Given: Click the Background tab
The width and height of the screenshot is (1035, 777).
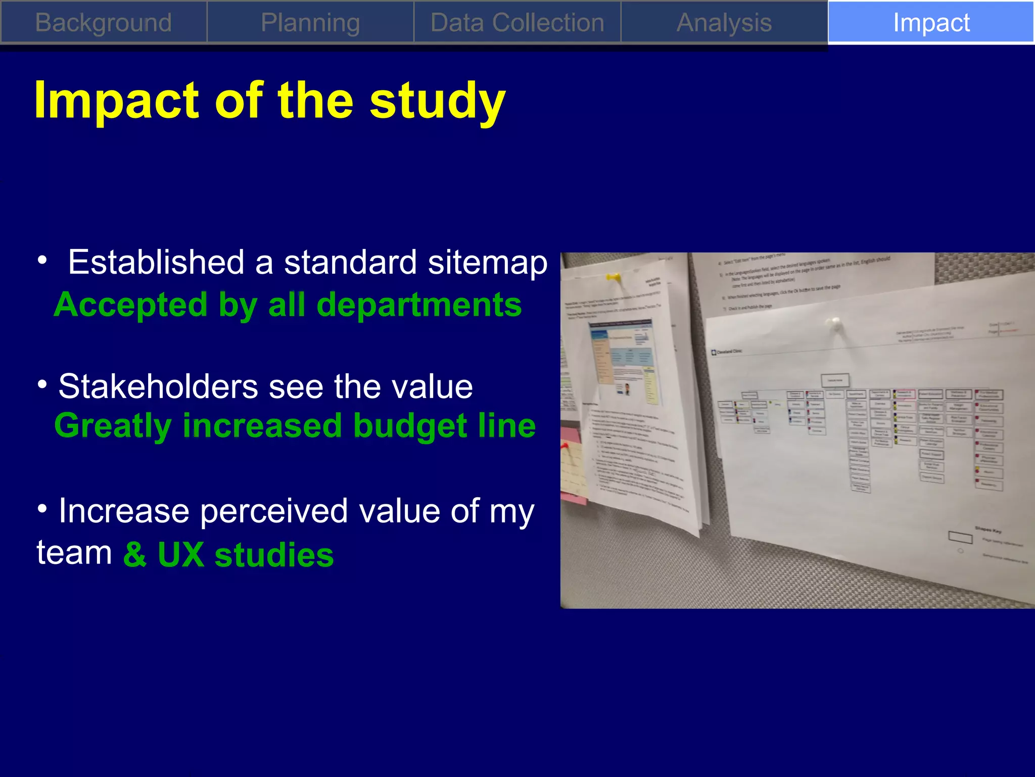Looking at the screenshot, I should point(104,23).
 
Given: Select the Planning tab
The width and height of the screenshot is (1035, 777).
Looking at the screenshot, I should point(310,23).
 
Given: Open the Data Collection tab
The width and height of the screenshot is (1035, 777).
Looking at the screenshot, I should point(517,23).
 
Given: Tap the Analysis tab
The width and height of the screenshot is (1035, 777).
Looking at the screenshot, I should point(724,23).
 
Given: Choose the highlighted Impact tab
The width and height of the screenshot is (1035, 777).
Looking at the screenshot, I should point(931,23).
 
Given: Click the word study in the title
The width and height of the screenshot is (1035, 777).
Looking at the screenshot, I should point(437,101).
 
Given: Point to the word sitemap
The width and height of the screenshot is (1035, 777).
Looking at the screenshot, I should point(487,263).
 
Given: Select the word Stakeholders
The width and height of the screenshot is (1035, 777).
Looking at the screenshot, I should point(158,387).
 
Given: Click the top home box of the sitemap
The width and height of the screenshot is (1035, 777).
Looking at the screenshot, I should point(835,380).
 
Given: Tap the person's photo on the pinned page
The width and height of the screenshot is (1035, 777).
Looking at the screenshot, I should point(627,389).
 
